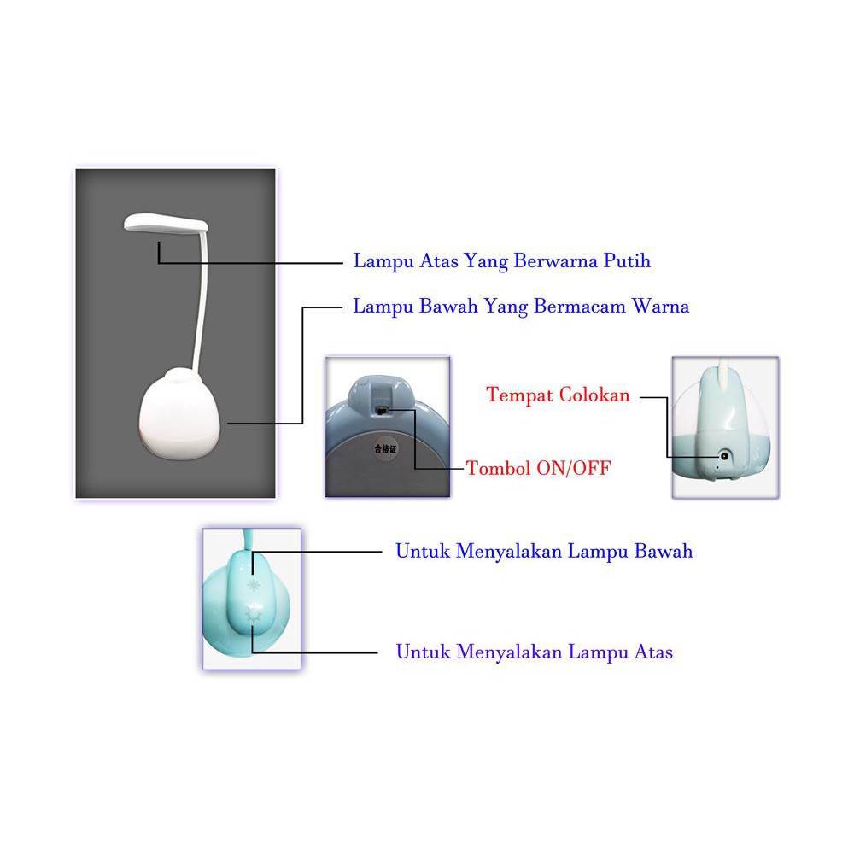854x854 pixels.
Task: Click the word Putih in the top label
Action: (x=628, y=261)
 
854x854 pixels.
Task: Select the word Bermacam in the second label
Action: (x=580, y=307)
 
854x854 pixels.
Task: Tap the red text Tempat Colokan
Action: (x=558, y=395)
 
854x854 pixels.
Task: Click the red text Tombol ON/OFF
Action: (x=539, y=468)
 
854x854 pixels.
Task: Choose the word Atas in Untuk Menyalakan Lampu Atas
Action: (x=652, y=652)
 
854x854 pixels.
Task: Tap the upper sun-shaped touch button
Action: (x=252, y=585)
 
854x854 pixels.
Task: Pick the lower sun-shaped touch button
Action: (x=252, y=613)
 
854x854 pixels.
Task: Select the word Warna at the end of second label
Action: (x=660, y=307)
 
